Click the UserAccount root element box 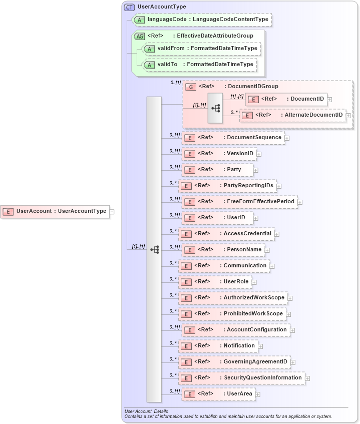[x=56, y=211]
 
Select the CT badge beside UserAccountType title [x=130, y=7]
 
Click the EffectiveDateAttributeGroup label [x=215, y=36]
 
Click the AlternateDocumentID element [x=294, y=115]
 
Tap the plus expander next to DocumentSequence [x=287, y=138]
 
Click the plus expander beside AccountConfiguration [x=292, y=330]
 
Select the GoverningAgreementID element [x=234, y=362]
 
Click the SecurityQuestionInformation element [x=241, y=378]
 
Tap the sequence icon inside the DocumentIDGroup [x=216, y=108]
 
